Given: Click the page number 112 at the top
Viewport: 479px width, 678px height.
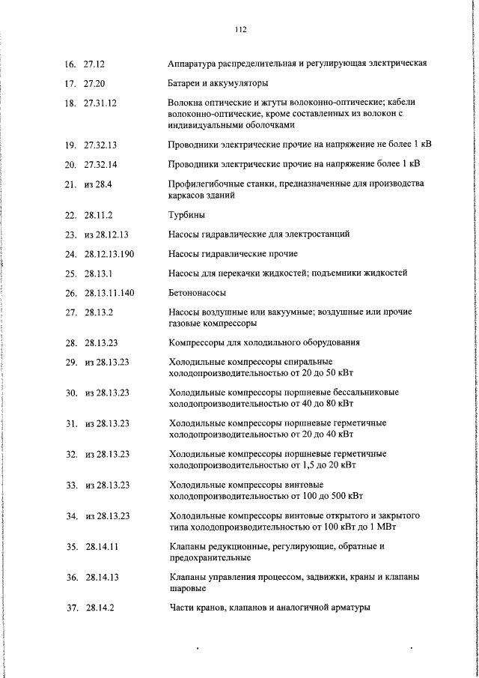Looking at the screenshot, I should (x=239, y=31).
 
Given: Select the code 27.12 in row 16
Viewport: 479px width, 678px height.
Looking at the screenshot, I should (x=94, y=64).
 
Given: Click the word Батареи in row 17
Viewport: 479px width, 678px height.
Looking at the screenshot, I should (x=186, y=83).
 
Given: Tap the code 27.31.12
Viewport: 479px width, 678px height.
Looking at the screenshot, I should (x=100, y=103).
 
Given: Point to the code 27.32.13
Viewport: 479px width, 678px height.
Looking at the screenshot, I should (x=100, y=143).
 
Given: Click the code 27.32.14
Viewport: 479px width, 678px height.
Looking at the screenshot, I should (x=100, y=163).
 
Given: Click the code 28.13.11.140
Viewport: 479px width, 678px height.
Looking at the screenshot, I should (x=109, y=293).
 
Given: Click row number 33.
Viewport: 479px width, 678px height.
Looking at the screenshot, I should (x=72, y=485).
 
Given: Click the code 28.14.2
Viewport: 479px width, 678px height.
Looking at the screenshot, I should (x=100, y=608).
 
